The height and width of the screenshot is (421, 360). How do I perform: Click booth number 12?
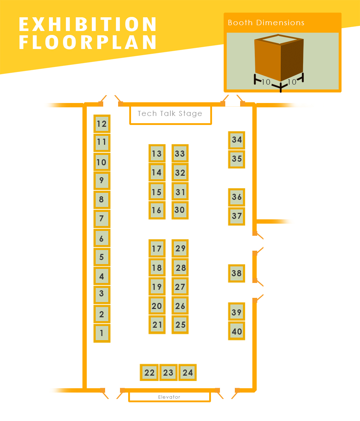tap(102, 124)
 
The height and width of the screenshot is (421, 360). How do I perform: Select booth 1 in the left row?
tap(102, 333)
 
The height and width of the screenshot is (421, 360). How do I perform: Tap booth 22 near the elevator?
tap(149, 372)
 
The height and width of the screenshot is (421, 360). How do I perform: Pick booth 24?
tap(188, 372)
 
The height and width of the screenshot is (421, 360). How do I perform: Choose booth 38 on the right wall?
tap(237, 273)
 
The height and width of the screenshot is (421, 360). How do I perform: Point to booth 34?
tap(237, 140)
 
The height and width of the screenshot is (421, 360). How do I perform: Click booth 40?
tap(237, 331)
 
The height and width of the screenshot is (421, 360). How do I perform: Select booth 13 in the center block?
tap(157, 153)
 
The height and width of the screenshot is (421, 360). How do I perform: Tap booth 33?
tap(180, 153)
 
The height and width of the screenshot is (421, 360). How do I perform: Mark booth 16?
tap(157, 210)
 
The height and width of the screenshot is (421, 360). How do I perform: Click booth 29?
tap(180, 248)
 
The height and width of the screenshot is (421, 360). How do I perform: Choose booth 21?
tap(157, 324)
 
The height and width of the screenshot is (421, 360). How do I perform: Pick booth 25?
tap(180, 324)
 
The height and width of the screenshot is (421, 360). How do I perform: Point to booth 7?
tap(102, 219)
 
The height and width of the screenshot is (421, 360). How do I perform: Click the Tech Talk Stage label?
tap(170, 113)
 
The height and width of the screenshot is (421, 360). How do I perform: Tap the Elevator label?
tap(169, 397)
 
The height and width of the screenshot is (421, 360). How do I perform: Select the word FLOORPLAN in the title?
tap(88, 42)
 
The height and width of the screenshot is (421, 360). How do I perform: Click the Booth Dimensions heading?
tap(266, 23)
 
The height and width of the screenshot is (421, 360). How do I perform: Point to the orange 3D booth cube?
tap(279, 58)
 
